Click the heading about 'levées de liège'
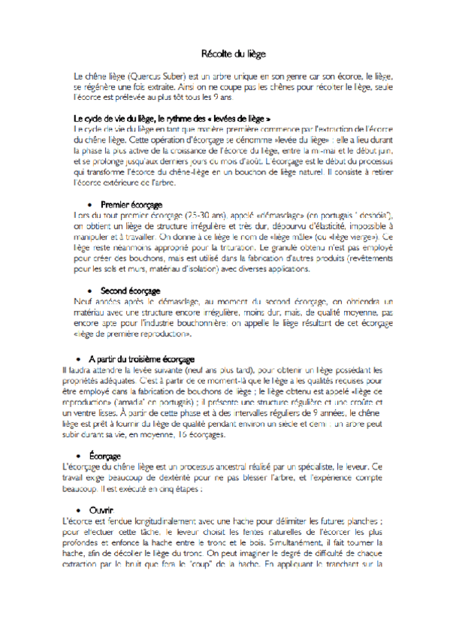pyautogui.click(x=172, y=119)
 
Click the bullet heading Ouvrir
pyautogui.click(x=101, y=510)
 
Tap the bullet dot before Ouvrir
pyautogui.click(x=78, y=511)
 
